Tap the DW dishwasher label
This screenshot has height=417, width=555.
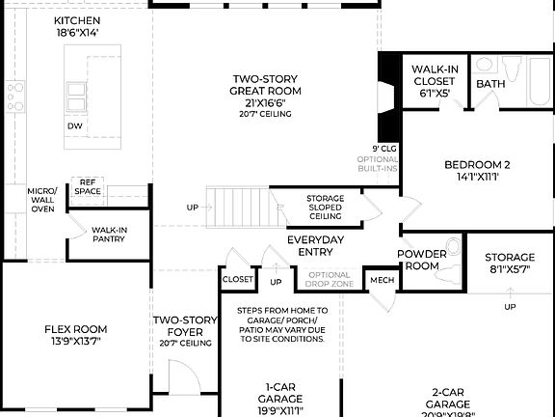pos(74,126)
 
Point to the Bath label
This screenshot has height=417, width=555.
pos(490,84)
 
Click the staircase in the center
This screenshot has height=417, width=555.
pos(240,206)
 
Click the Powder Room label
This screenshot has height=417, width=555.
pos(420,260)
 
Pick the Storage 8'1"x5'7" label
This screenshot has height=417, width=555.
pos(509,264)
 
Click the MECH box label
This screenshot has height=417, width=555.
pos(382,280)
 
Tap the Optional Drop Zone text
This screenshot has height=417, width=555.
pos(330,280)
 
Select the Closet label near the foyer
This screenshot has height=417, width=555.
pos(237,279)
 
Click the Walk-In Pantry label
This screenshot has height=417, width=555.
pos(110,235)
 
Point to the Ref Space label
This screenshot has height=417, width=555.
pos(87,187)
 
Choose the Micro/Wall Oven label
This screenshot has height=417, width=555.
pos(42,200)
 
